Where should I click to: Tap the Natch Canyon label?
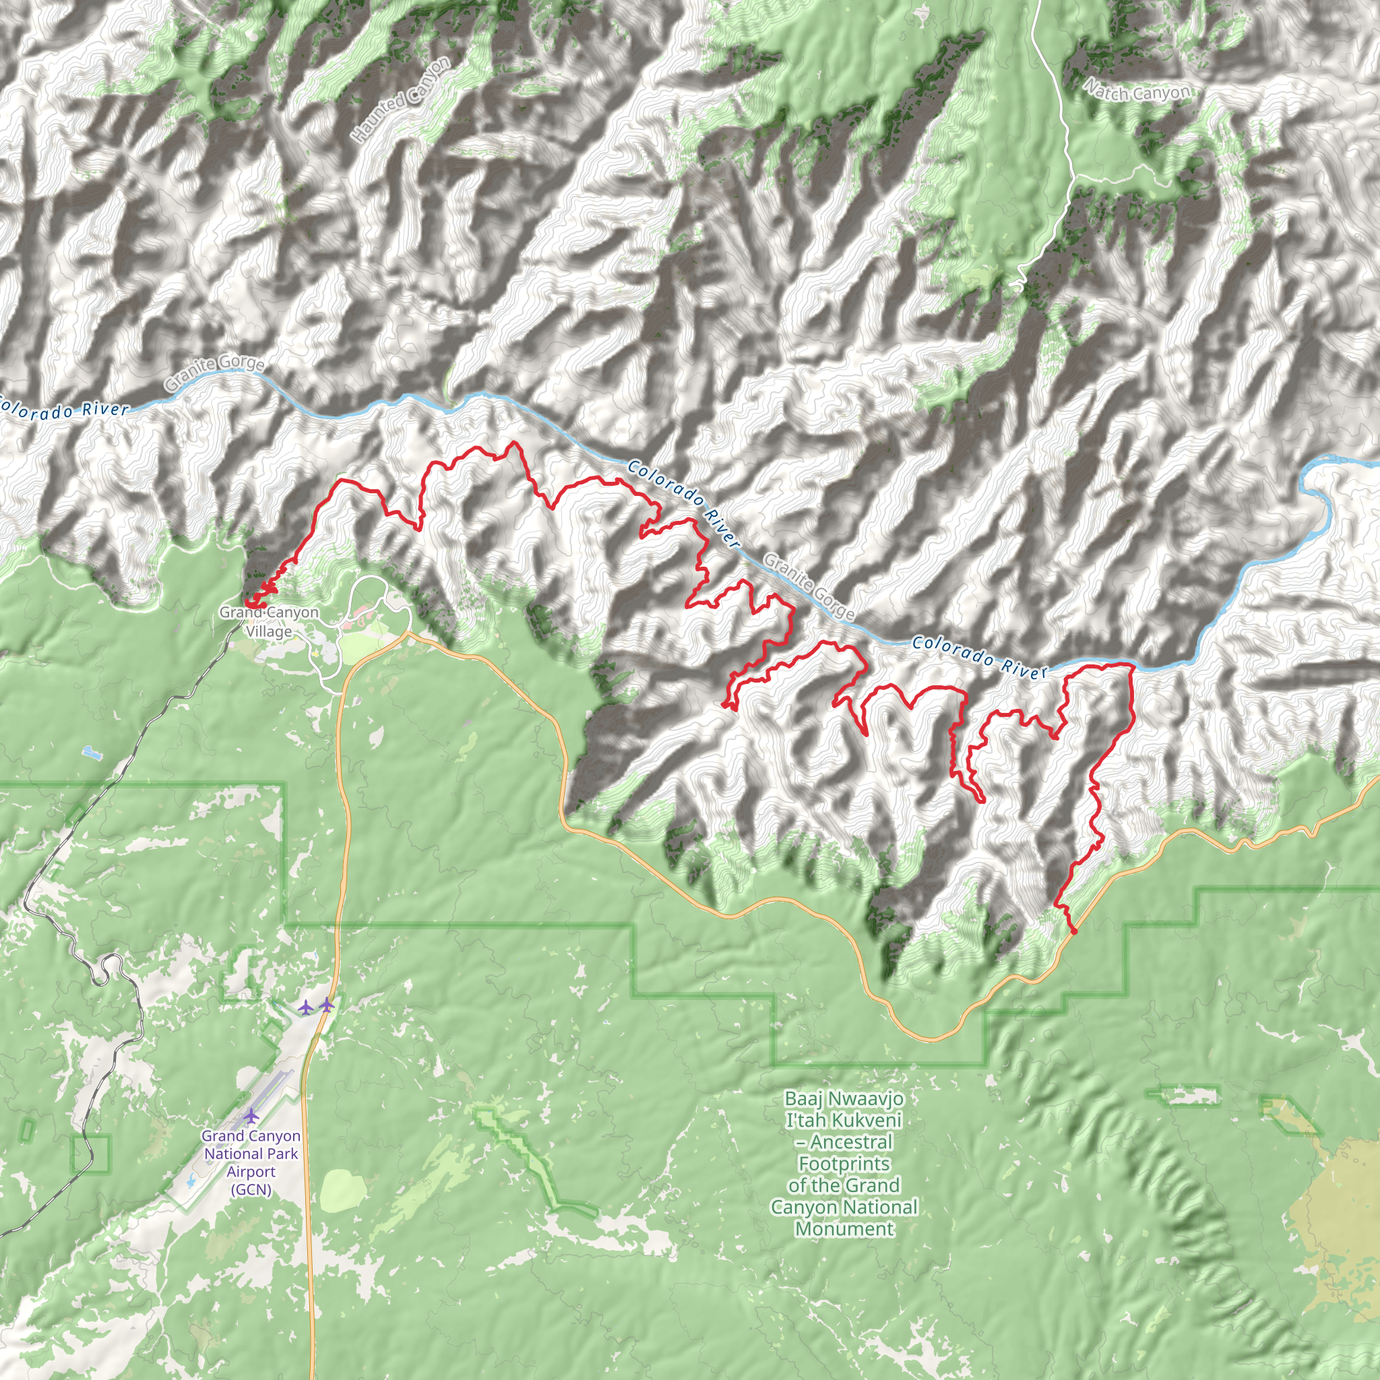[1137, 92]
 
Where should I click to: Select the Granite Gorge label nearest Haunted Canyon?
[214, 373]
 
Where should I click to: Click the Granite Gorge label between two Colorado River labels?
[809, 586]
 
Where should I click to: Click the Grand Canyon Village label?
[269, 621]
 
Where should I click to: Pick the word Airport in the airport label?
[251, 1171]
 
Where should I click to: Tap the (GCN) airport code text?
[251, 1189]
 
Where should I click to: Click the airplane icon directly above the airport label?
[251, 1115]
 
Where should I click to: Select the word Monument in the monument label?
[844, 1228]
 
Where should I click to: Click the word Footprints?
[844, 1164]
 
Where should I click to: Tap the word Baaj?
[798, 1098]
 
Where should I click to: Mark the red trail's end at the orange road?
[1073, 931]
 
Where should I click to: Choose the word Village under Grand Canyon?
[269, 631]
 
